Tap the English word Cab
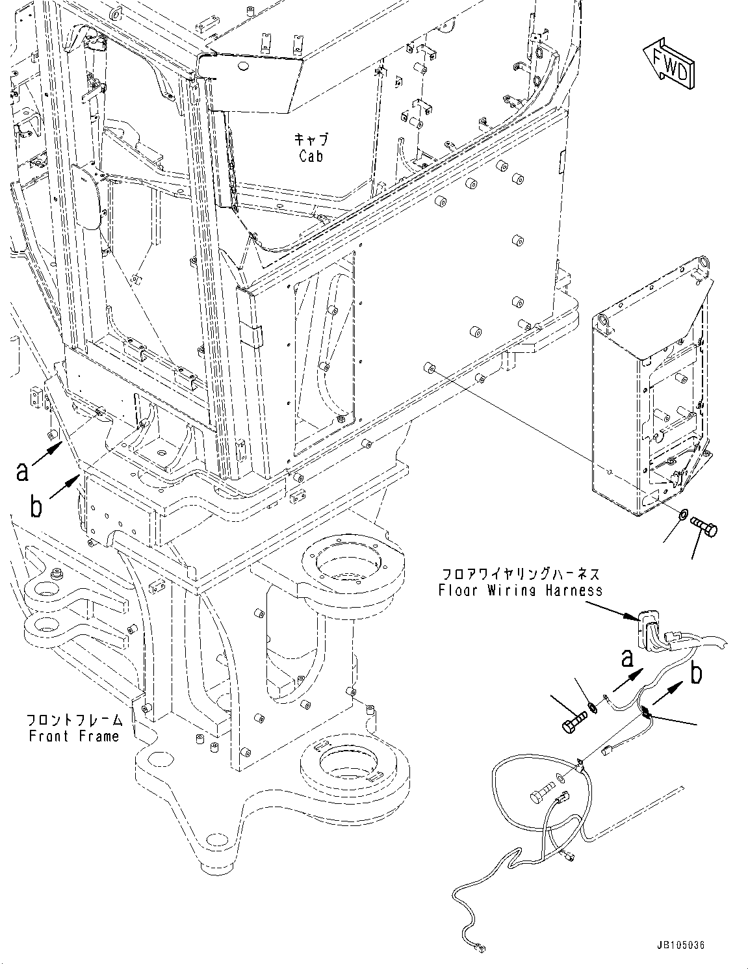tap(311, 156)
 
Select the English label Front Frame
tap(73, 736)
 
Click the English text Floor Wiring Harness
tap(520, 590)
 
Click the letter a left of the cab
tap(23, 471)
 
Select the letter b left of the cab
tap(37, 507)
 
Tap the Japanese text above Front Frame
tap(73, 720)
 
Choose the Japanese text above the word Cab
tap(311, 139)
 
